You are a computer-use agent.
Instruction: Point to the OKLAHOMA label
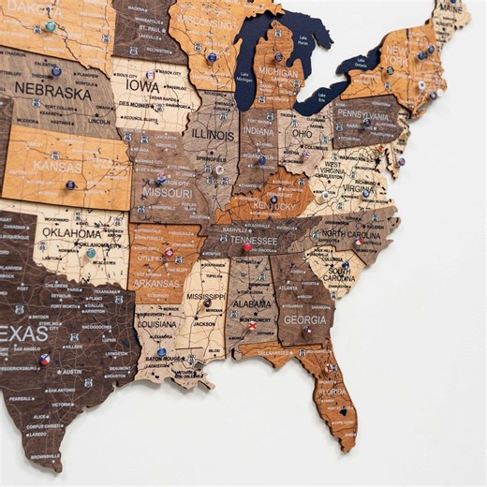tap(70, 233)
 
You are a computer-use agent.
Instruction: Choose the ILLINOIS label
tap(214, 133)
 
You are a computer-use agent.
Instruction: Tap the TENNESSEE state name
tap(249, 240)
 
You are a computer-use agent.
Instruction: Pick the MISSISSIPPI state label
tap(205, 296)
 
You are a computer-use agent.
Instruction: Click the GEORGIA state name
tap(304, 318)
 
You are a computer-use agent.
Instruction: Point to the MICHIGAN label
tap(278, 72)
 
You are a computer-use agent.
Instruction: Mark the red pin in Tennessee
tap(246, 248)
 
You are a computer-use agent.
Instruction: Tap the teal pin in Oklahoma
tap(91, 252)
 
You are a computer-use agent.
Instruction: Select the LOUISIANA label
tap(157, 323)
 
